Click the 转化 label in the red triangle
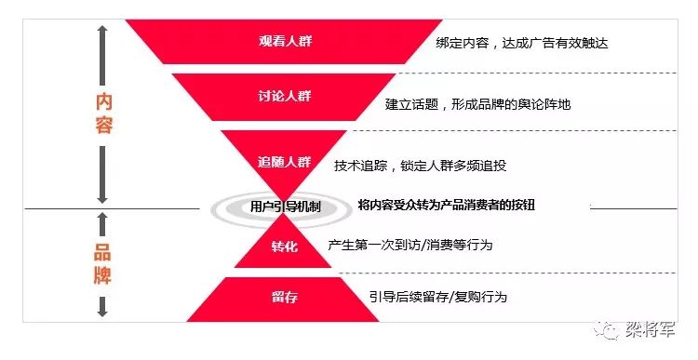285,247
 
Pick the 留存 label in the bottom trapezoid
285,297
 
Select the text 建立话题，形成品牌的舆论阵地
477,104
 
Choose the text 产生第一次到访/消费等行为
410,245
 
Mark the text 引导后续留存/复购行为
438,297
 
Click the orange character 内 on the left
104,100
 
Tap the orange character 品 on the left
103,250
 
